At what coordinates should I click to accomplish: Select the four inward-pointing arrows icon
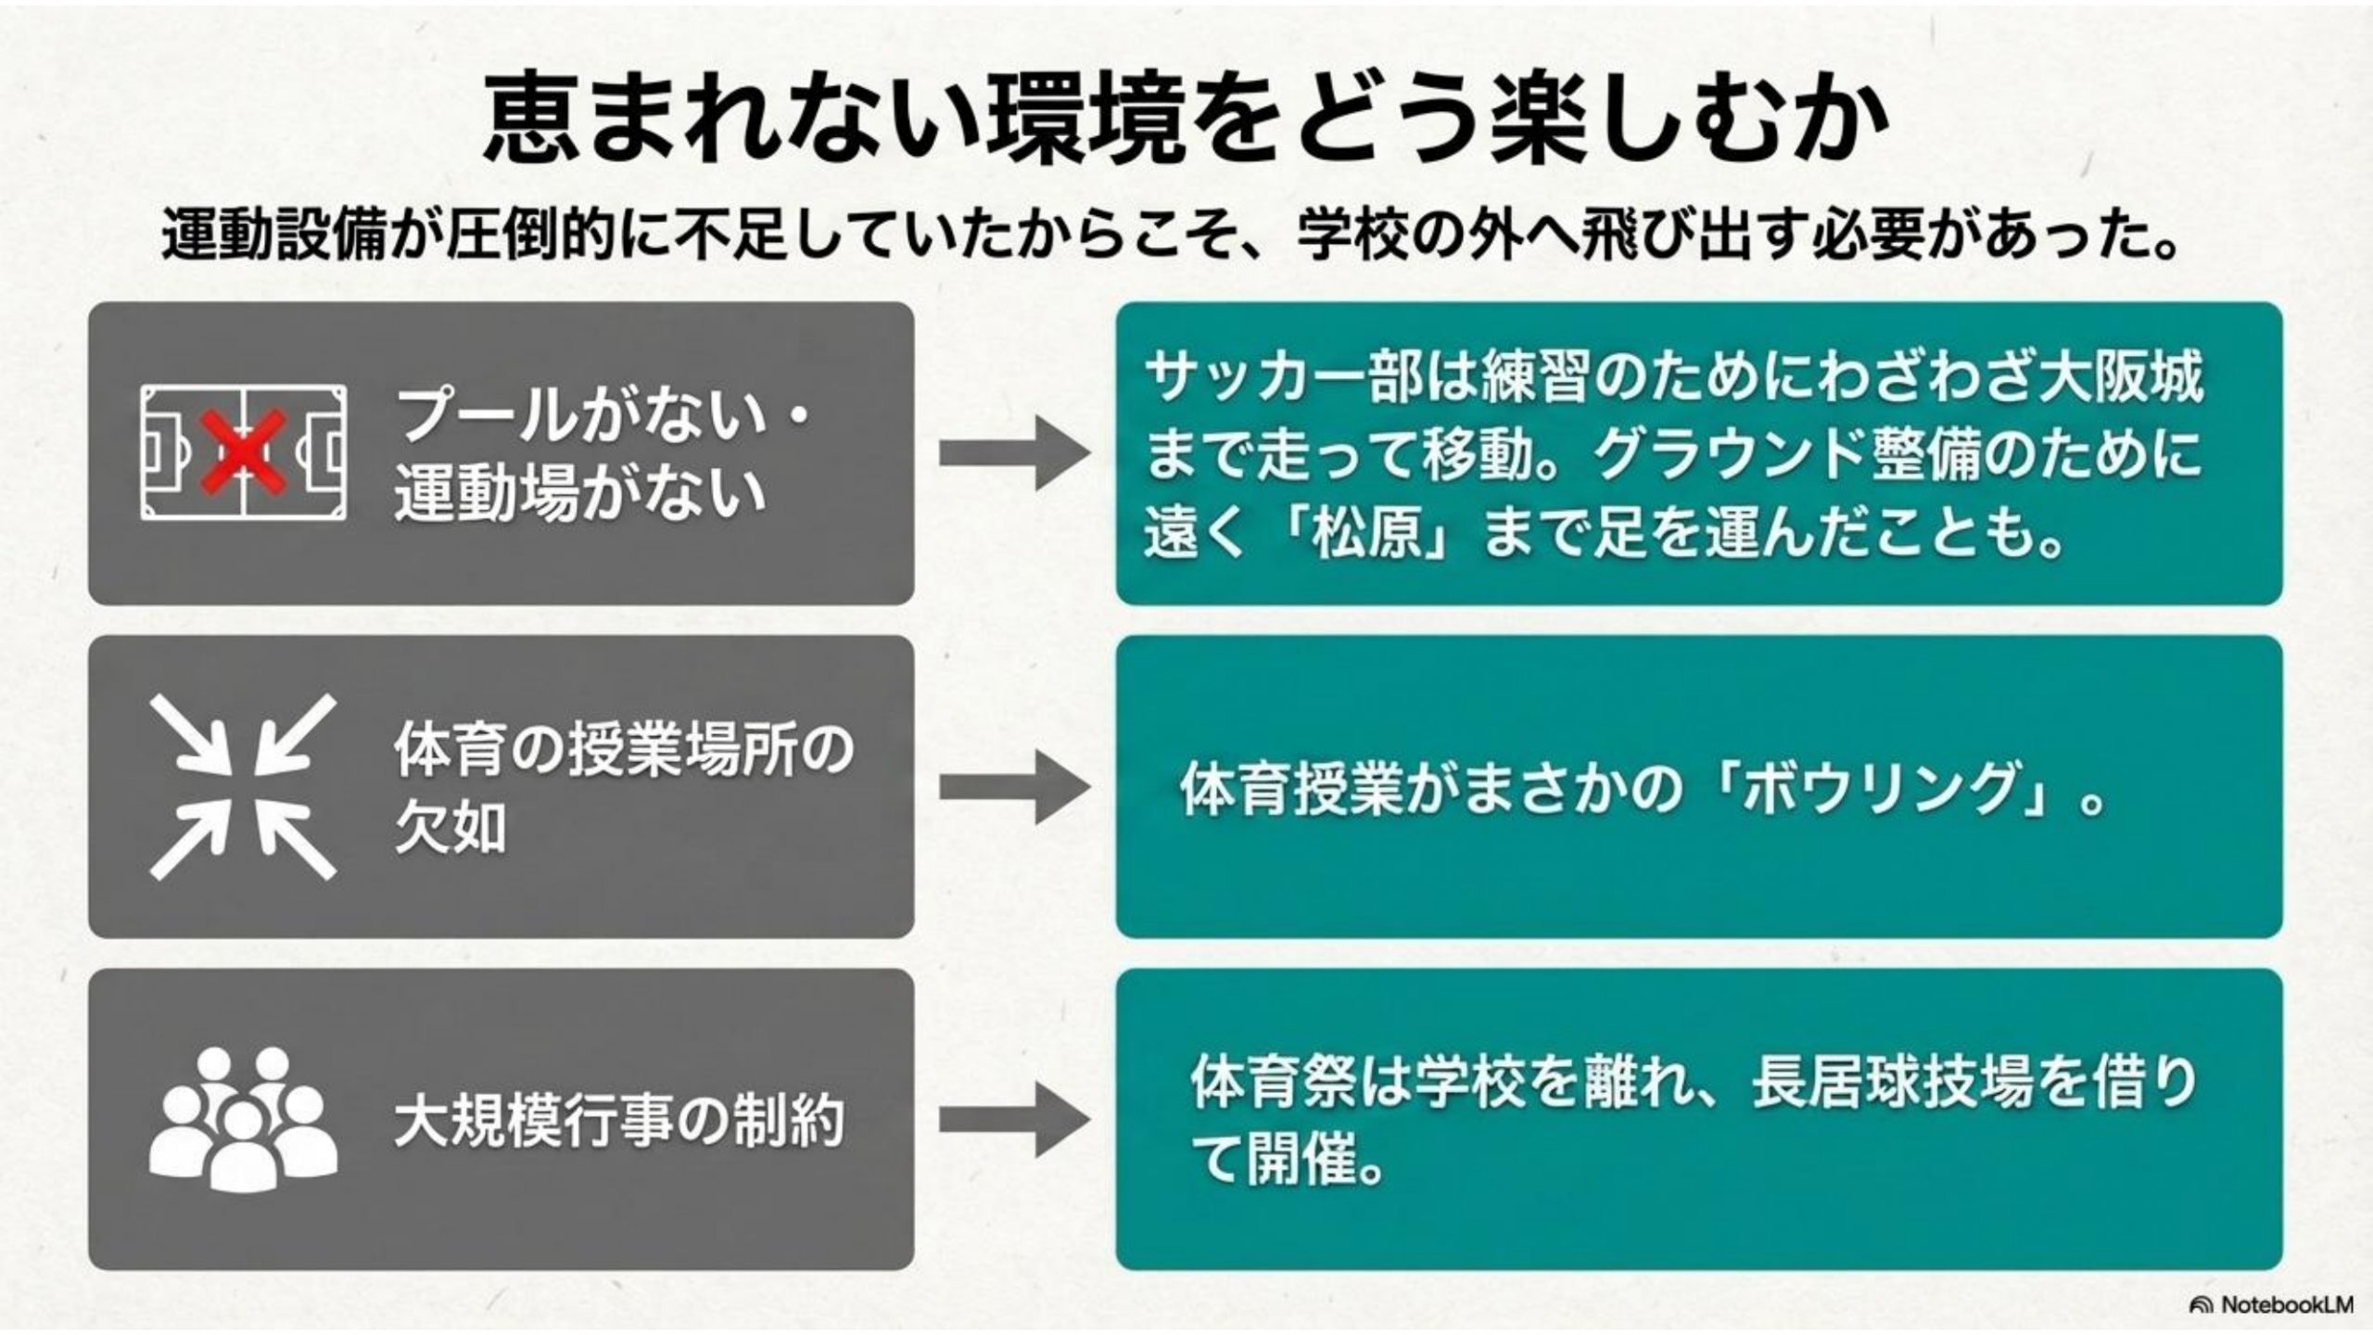point(243,786)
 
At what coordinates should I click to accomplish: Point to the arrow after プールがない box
point(1014,453)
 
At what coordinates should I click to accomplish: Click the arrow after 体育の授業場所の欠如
point(1014,786)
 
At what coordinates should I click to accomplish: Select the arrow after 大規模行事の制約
point(1014,1119)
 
